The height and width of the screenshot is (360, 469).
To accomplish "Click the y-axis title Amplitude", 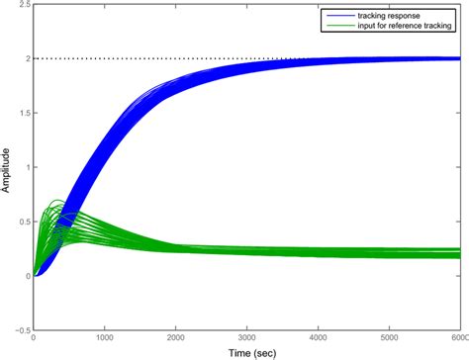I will [7, 168].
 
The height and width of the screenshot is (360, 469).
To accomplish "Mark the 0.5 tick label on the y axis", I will [22, 222].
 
